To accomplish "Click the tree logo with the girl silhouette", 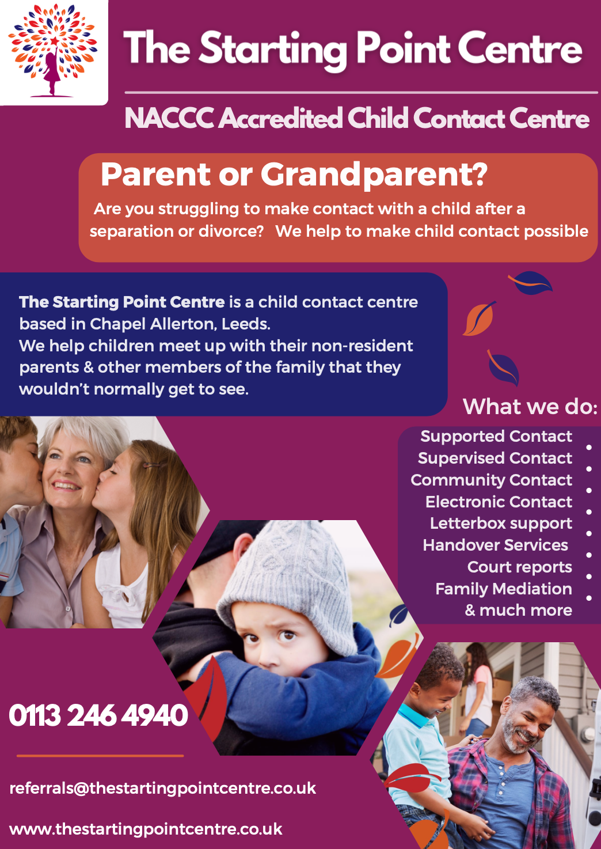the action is [x=53, y=50].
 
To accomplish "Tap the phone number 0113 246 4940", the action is [x=98, y=715].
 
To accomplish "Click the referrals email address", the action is [x=162, y=789].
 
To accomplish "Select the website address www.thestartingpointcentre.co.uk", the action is [x=146, y=829].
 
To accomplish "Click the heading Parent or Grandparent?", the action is [x=294, y=175].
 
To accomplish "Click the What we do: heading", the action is [x=530, y=407].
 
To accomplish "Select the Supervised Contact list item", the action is [x=495, y=458].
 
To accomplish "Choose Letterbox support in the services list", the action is [x=501, y=524].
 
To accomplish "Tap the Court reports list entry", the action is [x=520, y=567].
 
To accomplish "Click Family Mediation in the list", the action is [x=504, y=589].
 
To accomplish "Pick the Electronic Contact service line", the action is [x=499, y=502].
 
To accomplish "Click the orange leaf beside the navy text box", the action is [x=479, y=319].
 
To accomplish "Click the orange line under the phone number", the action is [x=100, y=756].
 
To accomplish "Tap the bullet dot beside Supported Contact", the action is [x=589, y=448].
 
